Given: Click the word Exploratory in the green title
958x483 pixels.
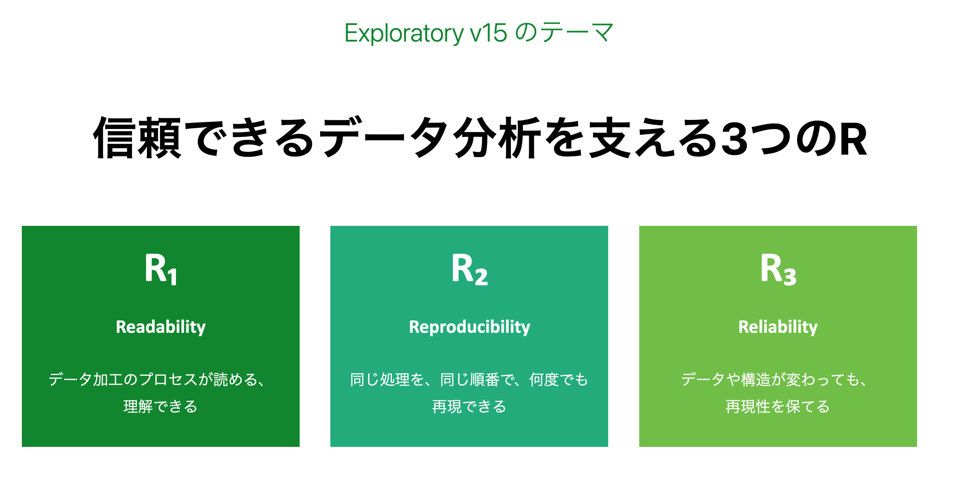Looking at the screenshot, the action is click(x=404, y=33).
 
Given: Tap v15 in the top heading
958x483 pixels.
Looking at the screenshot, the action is click(x=488, y=33).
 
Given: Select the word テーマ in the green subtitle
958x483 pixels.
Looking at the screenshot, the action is click(x=577, y=32).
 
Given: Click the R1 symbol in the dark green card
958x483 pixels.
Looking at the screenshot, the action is click(x=161, y=269).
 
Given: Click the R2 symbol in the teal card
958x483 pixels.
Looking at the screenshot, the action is click(x=469, y=269).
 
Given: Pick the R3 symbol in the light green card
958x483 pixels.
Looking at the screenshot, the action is click(x=778, y=269).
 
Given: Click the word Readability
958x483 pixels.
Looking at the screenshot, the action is click(x=161, y=327).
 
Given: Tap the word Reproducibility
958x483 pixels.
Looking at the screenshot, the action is click(x=469, y=327).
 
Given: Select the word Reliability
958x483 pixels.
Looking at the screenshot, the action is click(x=778, y=327).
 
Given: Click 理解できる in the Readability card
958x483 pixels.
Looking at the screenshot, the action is click(x=160, y=406).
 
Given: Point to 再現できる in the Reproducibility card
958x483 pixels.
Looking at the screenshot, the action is click(x=469, y=406).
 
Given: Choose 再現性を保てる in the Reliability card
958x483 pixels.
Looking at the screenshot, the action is click(x=778, y=406).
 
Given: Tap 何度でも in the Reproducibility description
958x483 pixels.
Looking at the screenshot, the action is click(x=558, y=379).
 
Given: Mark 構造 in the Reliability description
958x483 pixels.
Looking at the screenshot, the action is click(x=756, y=379).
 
